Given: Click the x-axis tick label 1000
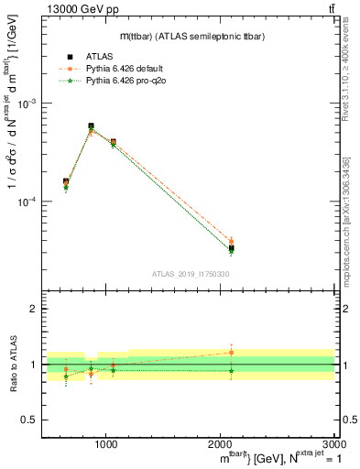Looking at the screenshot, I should click(x=105, y=444).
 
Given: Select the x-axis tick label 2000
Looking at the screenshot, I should click(x=221, y=444).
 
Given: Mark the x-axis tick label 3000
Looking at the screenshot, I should click(x=334, y=444).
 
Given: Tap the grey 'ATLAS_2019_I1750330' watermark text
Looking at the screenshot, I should click(x=190, y=273).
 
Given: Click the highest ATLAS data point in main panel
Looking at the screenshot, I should click(x=91, y=126).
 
